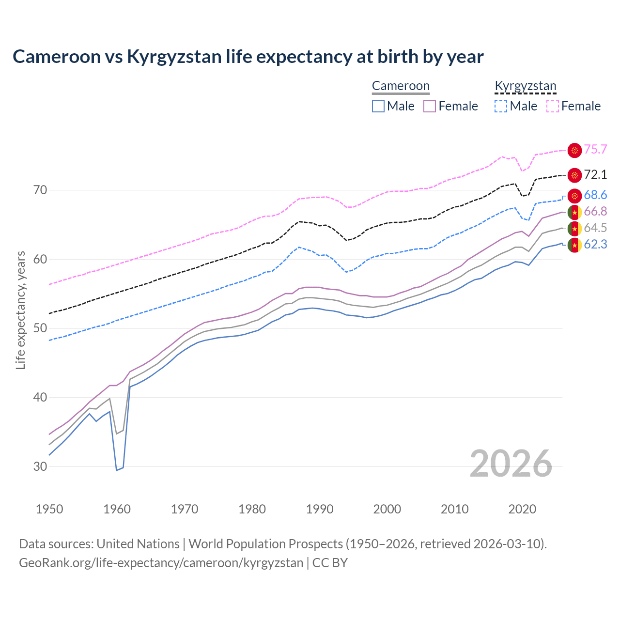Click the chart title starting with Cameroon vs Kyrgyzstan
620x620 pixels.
[248, 57]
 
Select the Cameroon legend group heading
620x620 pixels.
[401, 86]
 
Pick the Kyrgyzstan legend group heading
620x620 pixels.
[526, 86]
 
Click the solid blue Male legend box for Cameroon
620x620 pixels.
[378, 106]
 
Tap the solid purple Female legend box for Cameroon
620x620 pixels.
[430, 106]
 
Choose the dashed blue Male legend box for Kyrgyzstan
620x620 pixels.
[501, 106]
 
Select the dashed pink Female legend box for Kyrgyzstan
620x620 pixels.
[553, 106]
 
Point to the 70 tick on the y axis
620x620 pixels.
[40, 190]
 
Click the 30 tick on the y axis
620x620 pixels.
[40, 466]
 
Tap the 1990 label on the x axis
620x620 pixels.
[320, 509]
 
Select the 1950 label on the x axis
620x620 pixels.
[49, 509]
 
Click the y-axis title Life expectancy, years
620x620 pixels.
[21, 310]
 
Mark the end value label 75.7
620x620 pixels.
[595, 150]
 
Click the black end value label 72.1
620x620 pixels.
[595, 174]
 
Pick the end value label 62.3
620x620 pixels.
[595, 245]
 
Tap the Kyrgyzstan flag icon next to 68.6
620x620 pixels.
[574, 196]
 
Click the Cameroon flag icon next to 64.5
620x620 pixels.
[574, 228]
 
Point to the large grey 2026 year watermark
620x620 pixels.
[511, 464]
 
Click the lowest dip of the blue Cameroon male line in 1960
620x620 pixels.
[117, 470]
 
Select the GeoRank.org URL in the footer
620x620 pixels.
[161, 563]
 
